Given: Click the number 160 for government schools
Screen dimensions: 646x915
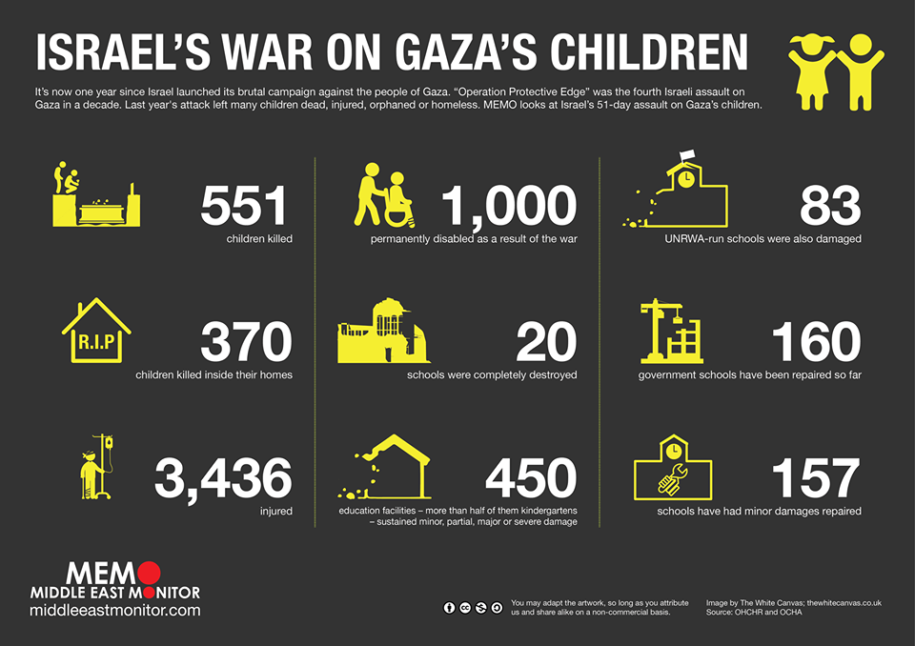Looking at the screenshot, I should pyautogui.click(x=816, y=342).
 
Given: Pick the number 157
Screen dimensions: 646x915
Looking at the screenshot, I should pyautogui.click(x=816, y=478).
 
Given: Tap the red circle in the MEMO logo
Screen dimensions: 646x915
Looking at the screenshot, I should pyautogui.click(x=147, y=574).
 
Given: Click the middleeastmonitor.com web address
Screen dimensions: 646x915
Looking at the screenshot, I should pyautogui.click(x=115, y=610).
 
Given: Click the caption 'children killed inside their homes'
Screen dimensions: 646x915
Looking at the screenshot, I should pyautogui.click(x=213, y=374).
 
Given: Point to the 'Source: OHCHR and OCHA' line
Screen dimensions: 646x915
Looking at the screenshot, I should pyautogui.click(x=754, y=612).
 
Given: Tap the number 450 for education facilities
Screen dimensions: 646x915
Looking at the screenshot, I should pyautogui.click(x=530, y=478).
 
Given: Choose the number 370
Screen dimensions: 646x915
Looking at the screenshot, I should pyautogui.click(x=245, y=342).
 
